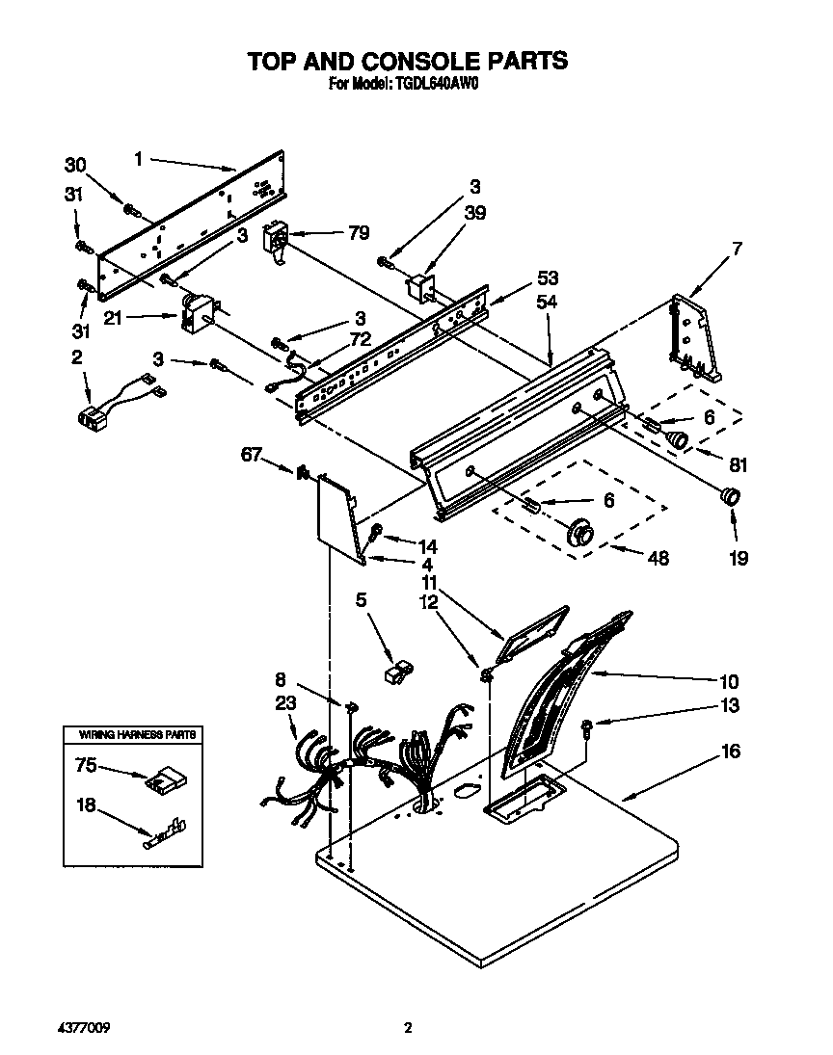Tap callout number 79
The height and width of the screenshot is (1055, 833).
[x=358, y=232]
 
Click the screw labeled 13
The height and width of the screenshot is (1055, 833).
[x=588, y=728]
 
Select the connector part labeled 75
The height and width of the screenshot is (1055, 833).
[x=161, y=780]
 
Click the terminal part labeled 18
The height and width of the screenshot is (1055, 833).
[x=164, y=831]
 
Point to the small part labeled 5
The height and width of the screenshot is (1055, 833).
[x=395, y=672]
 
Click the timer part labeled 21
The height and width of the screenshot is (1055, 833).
[x=199, y=313]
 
